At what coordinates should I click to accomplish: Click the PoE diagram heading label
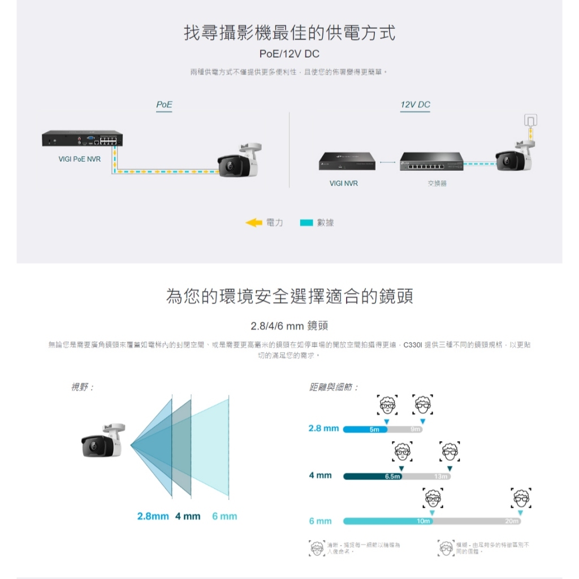coord(164,105)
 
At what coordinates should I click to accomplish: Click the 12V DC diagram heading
coord(415,105)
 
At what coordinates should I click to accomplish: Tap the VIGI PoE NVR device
coord(82,139)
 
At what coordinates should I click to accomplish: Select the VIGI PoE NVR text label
coord(80,159)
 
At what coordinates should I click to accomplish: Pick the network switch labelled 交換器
coord(431,162)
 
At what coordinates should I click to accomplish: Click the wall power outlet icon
coord(530,120)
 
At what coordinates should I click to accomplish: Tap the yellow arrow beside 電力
coord(254,223)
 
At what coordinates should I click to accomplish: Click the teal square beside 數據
coord(306,223)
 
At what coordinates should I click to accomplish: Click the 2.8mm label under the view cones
coord(153,516)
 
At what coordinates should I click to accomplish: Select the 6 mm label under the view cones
coord(224,516)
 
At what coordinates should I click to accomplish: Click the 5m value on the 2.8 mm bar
coord(374,430)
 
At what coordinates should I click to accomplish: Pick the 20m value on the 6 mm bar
coord(512,521)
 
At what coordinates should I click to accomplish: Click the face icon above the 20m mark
coord(520,498)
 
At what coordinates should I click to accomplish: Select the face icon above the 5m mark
coord(387,405)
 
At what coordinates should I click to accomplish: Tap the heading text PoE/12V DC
coord(289,54)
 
